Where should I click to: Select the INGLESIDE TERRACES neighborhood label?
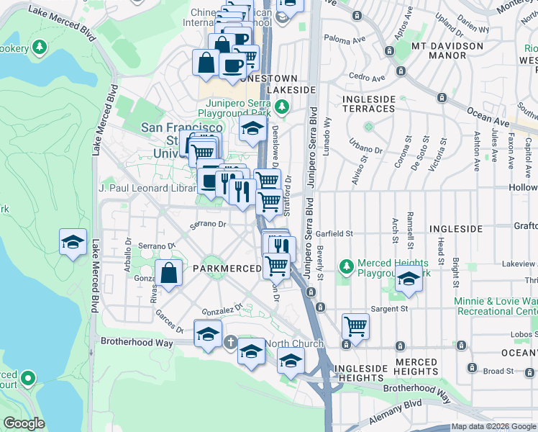click(x=368, y=104)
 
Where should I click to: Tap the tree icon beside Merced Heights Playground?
click(x=347, y=266)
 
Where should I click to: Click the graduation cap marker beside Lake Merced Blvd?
click(x=73, y=243)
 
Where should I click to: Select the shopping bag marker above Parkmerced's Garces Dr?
click(x=168, y=274)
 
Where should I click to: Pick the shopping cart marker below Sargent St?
click(x=355, y=325)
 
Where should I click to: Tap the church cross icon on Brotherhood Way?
click(x=230, y=342)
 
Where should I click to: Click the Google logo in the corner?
click(x=24, y=423)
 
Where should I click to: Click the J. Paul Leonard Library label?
click(x=147, y=188)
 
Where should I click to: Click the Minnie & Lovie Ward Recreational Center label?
click(x=496, y=306)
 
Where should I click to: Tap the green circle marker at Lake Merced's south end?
click(x=28, y=377)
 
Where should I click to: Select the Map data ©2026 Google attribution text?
click(x=493, y=426)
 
